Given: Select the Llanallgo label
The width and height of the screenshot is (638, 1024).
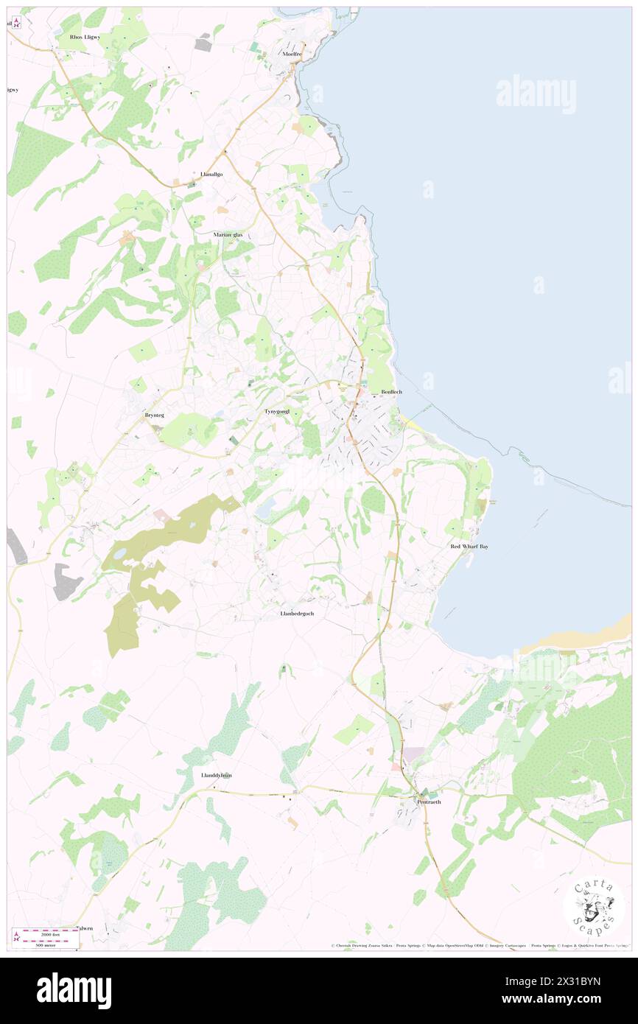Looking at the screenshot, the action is pos(211,174).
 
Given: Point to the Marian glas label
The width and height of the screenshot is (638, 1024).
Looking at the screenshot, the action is pos(228,234).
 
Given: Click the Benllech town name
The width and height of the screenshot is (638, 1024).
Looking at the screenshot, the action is pos(391,391).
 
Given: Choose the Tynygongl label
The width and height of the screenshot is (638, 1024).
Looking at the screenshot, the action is pos(278,411).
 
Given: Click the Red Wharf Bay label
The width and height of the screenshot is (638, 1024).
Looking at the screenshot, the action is pos(469,547).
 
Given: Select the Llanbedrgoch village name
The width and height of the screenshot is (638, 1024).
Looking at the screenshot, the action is pos(297,613).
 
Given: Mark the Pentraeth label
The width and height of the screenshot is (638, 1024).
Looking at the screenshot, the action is pos(429,802).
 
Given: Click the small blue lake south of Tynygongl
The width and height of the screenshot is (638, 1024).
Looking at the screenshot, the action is pos(264,506).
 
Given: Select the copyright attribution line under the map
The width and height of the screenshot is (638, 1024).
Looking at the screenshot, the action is pos(479,946).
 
